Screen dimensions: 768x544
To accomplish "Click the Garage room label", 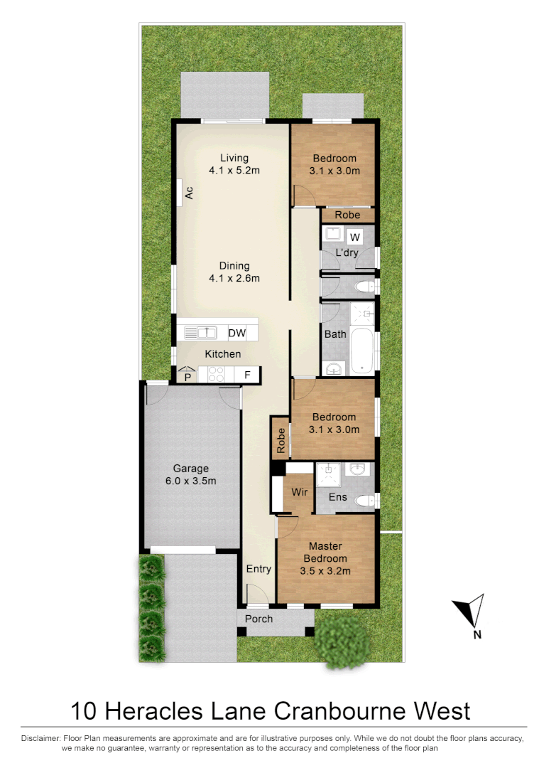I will point(191,469).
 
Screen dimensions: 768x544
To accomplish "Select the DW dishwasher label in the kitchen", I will point(236,333).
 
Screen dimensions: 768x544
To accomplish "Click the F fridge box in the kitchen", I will point(248,375).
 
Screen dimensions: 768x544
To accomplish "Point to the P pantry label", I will point(187,377).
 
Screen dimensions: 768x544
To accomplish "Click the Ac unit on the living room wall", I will point(189,192).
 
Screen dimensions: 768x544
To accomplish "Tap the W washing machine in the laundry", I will point(356,237).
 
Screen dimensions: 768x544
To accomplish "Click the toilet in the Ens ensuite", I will point(365,501).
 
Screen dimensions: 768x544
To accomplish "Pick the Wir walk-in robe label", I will point(298,491).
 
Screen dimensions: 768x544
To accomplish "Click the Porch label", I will point(259,619).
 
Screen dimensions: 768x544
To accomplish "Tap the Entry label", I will point(259,569).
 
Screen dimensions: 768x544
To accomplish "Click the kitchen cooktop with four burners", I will point(216,375).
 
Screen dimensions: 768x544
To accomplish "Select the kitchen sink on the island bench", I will point(200,332).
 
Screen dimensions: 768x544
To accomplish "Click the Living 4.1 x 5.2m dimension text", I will point(234,171).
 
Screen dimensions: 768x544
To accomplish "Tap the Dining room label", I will point(234,266).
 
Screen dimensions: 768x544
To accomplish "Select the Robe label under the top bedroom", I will point(347,215).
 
